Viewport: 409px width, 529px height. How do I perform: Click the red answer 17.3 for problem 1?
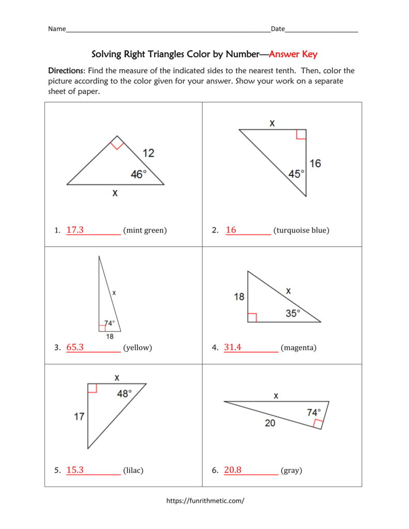click(x=75, y=230)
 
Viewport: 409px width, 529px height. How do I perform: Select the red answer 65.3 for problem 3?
click(x=75, y=348)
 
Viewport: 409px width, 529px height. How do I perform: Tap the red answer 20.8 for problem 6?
click(x=233, y=470)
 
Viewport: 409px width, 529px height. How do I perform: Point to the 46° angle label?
click(x=139, y=175)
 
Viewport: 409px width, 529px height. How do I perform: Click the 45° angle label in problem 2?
click(x=296, y=174)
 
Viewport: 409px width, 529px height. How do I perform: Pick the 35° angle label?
click(x=293, y=313)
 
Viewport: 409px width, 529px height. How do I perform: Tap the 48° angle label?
click(x=125, y=394)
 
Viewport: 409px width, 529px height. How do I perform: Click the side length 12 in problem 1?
click(x=148, y=153)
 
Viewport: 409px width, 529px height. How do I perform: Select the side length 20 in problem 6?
click(x=270, y=423)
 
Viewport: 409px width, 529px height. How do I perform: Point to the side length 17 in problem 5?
click(x=79, y=416)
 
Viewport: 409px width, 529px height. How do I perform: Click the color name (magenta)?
click(x=298, y=348)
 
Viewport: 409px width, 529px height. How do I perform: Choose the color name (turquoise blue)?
click(x=301, y=230)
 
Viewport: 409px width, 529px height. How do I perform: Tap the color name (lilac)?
click(x=133, y=470)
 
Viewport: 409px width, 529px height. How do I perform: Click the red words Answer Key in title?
click(x=293, y=54)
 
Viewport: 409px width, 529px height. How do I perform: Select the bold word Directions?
click(x=66, y=70)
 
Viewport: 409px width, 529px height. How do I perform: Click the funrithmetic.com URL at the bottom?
click(x=205, y=501)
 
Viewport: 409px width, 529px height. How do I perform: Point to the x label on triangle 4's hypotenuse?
click(x=288, y=291)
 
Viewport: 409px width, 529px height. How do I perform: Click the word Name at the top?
click(x=57, y=29)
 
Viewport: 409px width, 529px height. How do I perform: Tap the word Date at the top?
click(x=278, y=29)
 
